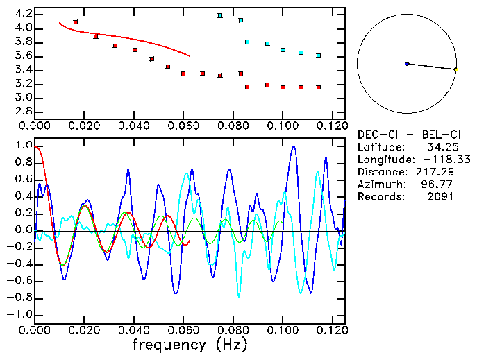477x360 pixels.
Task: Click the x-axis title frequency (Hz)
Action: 190,344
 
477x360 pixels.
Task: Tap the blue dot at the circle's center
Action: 407,64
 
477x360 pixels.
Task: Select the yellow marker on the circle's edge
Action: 455,69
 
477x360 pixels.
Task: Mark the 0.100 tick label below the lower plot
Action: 283,330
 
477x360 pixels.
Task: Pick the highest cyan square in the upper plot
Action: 220,15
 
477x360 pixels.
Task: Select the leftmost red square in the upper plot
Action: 76,22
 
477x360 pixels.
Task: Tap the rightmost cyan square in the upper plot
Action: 319,55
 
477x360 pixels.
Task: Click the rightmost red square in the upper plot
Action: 319,87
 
